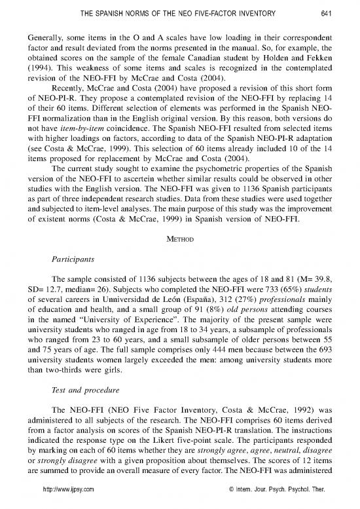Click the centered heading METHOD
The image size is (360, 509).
(x=179, y=229)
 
